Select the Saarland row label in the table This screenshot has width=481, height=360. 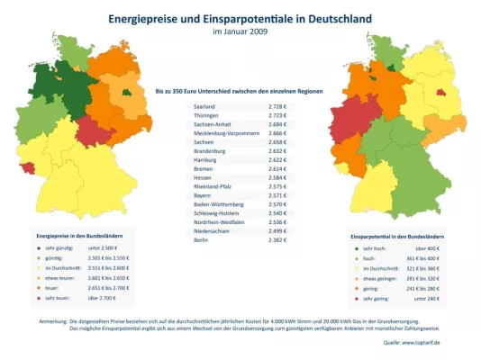pos(206,107)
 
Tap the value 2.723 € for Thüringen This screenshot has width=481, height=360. pos(277,116)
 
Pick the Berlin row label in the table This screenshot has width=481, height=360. pos(202,240)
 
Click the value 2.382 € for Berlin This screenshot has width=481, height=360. pos(277,240)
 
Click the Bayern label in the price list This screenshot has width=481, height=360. pos(204,194)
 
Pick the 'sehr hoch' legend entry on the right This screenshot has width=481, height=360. pos(378,247)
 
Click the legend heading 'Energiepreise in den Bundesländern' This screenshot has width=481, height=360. pos(79,236)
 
